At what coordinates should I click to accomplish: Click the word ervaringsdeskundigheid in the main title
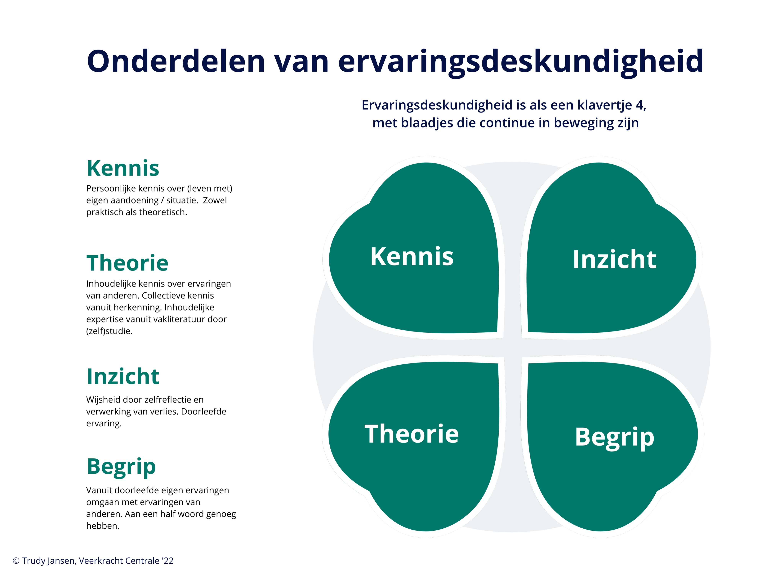pyautogui.click(x=520, y=62)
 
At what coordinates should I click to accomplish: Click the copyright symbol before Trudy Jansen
pyautogui.click(x=16, y=561)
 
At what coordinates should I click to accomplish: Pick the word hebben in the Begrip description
pyautogui.click(x=103, y=526)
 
